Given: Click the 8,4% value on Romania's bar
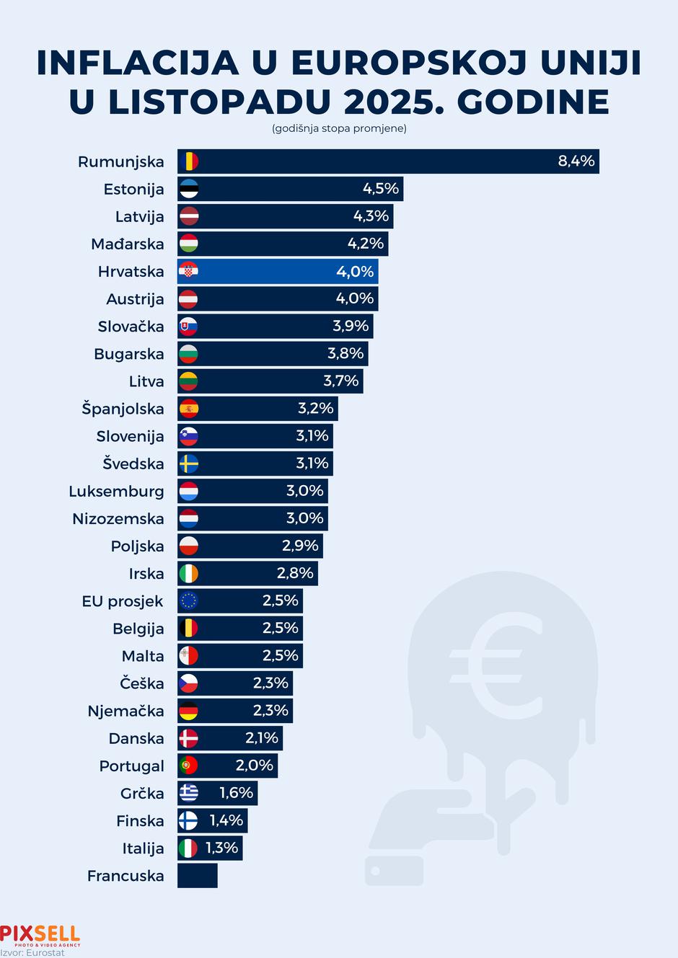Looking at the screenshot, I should tap(576, 161).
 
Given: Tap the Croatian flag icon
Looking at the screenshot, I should tap(188, 271).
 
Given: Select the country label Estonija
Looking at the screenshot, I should tap(133, 189).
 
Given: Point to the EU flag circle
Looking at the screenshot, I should tap(188, 600).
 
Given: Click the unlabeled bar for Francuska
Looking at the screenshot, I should tap(197, 875).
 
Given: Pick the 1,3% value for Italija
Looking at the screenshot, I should tap(221, 848).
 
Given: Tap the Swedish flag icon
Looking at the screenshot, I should tap(188, 464).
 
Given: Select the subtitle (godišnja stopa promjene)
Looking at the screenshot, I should tap(339, 128).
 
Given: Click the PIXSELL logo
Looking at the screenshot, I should tap(40, 935).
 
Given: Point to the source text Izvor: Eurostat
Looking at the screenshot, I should tap(32, 952).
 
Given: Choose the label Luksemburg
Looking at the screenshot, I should tap(116, 491).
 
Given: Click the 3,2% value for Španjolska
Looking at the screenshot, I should tap(315, 408).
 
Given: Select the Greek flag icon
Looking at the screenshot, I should tap(188, 793).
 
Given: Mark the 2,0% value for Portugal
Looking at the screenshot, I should tap(254, 765).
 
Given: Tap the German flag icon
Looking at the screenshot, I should tap(188, 711).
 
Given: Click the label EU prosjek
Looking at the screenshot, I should tap(122, 600).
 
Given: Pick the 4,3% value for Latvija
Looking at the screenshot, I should tap(371, 216).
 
